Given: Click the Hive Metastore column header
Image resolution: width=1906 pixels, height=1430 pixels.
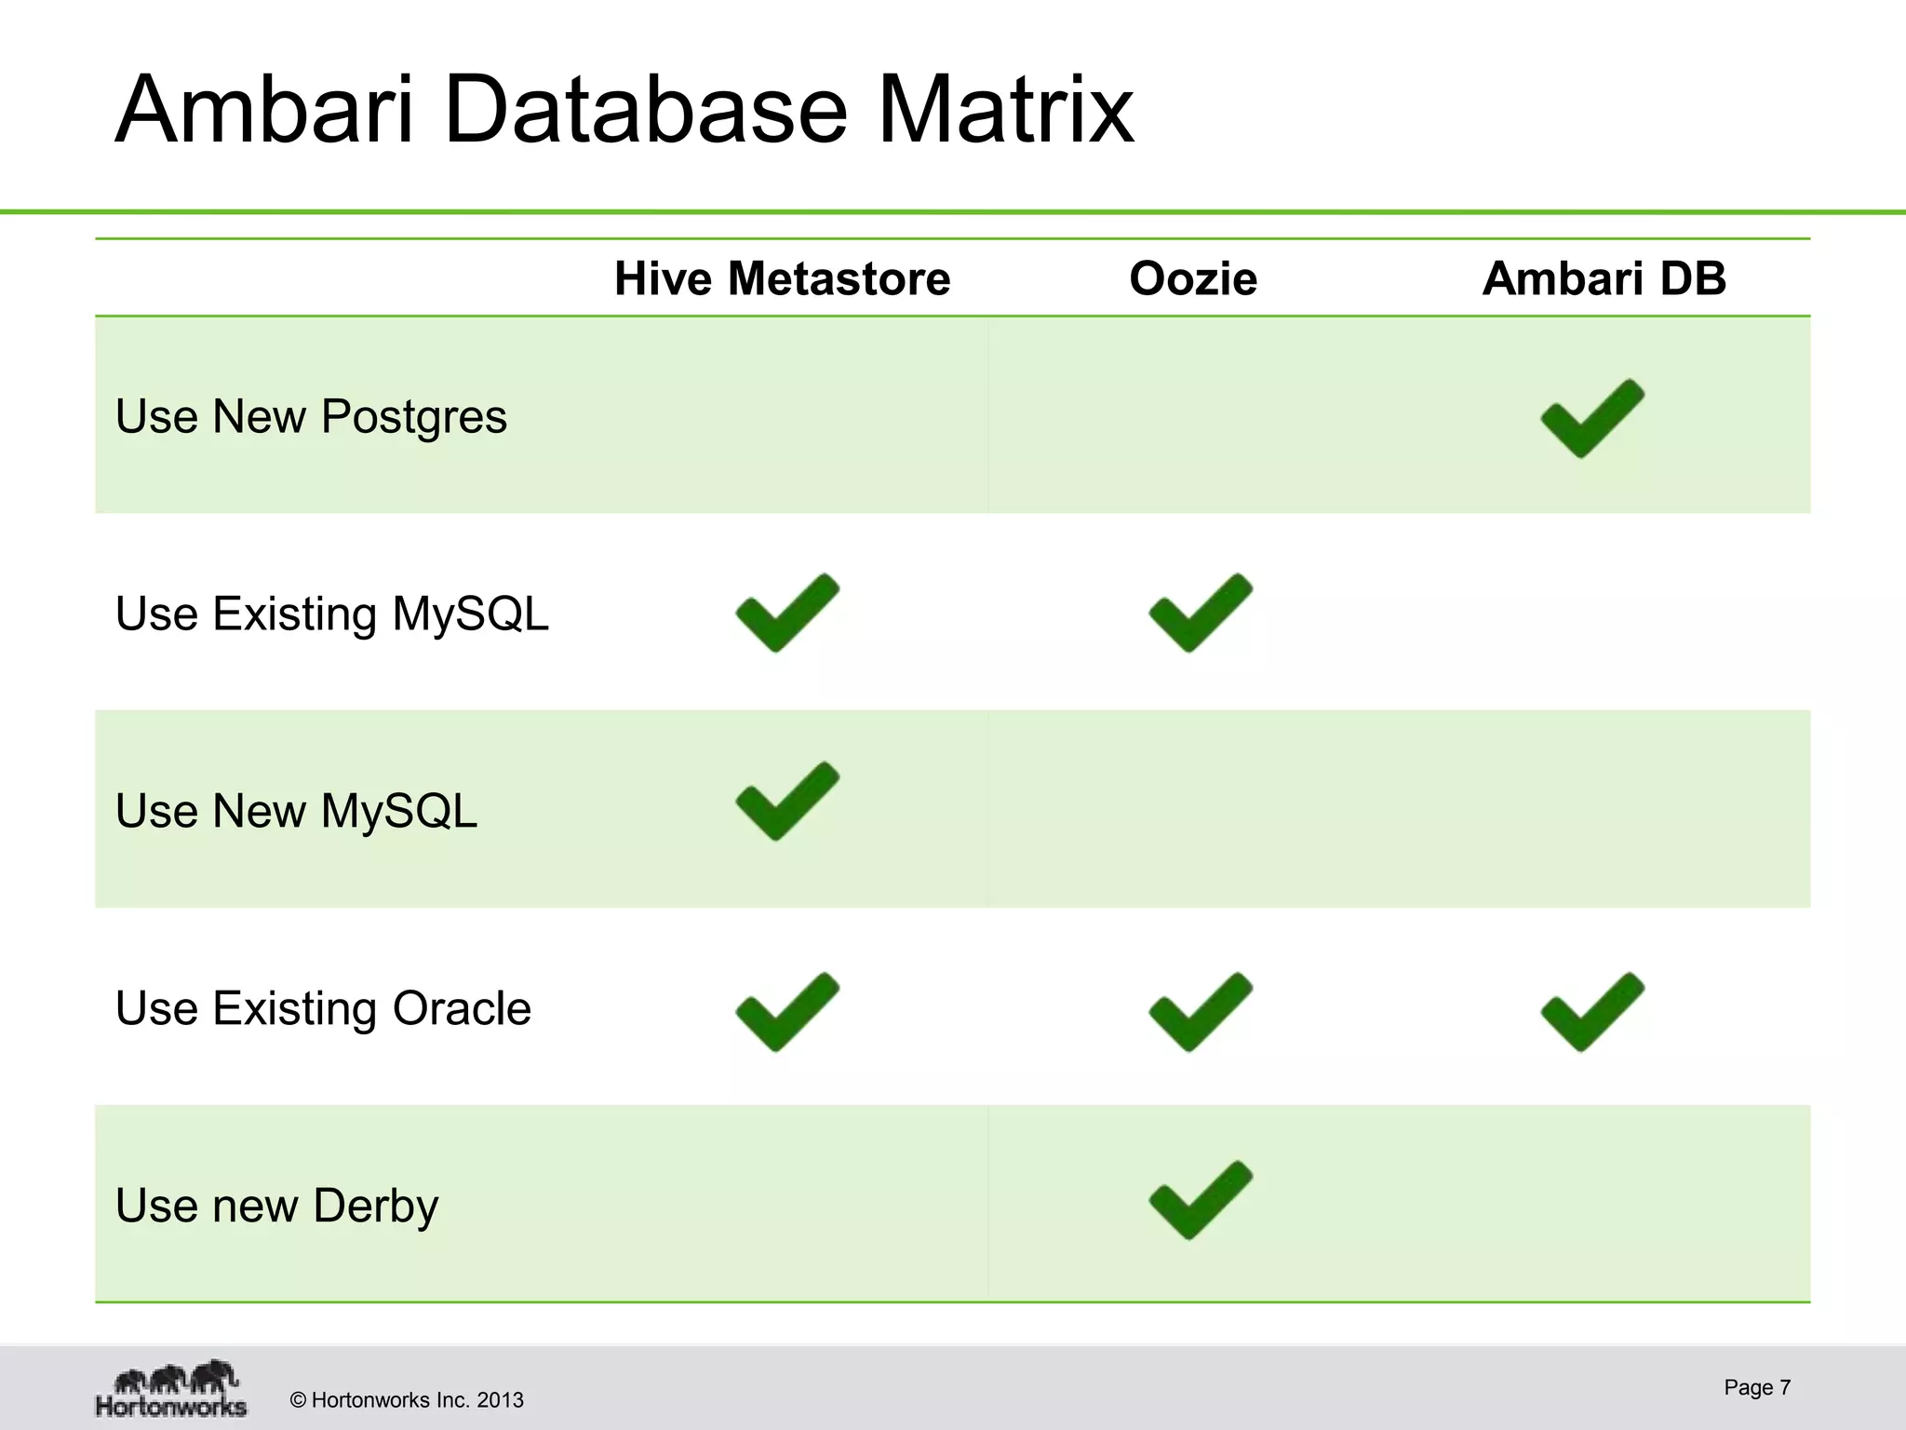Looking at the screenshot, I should tap(782, 278).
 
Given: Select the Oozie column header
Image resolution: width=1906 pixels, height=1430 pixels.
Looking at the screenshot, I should tap(1193, 278).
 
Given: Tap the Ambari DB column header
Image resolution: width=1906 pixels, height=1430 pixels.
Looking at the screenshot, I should tap(1604, 278).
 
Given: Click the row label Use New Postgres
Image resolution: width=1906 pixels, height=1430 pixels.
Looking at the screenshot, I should tap(311, 416).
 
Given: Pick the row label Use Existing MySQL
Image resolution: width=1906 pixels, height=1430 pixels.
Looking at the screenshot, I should tap(332, 614).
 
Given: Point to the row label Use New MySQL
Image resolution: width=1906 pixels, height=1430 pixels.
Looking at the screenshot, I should tap(296, 811).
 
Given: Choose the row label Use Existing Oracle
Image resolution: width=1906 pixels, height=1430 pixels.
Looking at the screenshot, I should tap(323, 1008).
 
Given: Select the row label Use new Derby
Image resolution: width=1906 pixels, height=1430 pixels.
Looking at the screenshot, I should tap(276, 1206).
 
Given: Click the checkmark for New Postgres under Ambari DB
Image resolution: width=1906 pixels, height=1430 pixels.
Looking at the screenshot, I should tap(1591, 420).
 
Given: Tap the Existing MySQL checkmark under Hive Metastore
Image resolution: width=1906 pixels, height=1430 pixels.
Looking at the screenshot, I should tap(786, 614).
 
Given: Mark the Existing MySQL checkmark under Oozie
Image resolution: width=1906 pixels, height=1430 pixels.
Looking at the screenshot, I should tap(1200, 614).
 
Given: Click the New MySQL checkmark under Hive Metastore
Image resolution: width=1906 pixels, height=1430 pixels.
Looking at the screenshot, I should tap(786, 803).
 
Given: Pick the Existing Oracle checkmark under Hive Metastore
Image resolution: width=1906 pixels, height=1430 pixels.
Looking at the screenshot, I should tap(786, 1013).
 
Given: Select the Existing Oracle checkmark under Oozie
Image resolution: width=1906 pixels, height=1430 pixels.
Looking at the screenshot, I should tap(1200, 1013).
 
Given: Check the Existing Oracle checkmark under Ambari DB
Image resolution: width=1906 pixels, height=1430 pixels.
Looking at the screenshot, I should tap(1591, 1013).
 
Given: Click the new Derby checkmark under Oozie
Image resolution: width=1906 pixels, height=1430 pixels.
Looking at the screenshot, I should tap(1200, 1202).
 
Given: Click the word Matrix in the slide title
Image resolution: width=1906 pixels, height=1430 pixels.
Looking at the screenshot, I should tap(1005, 110).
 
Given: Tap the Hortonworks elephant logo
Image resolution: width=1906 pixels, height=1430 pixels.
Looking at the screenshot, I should tap(172, 1388).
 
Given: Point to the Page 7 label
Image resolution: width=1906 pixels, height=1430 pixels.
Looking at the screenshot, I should tap(1756, 1387).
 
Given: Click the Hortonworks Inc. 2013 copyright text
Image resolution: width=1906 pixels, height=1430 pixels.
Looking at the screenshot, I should tap(407, 1400).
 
